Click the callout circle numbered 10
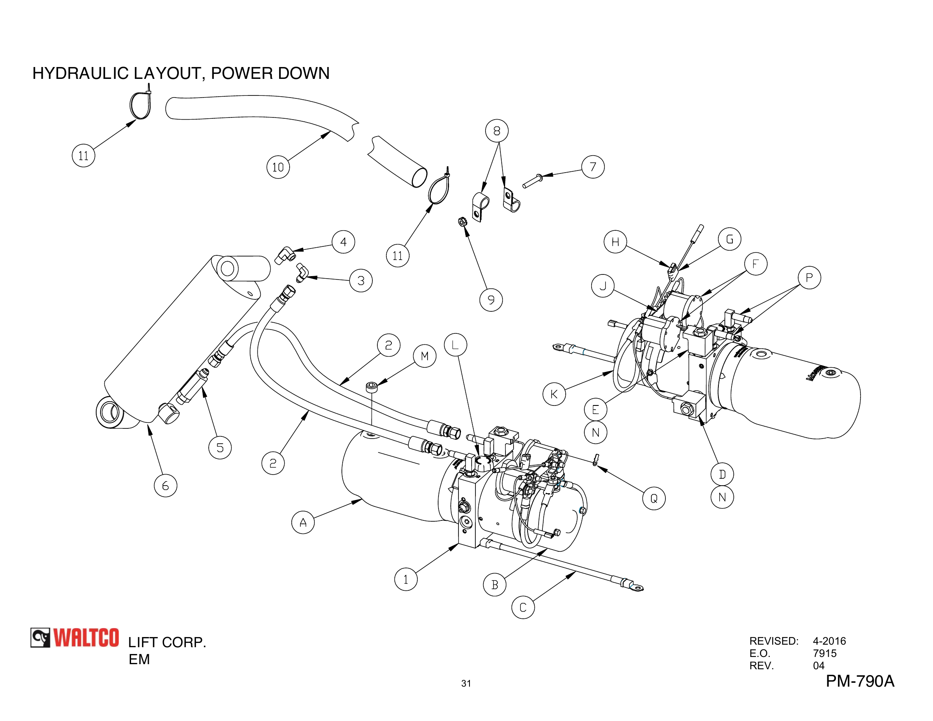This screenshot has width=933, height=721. (278, 167)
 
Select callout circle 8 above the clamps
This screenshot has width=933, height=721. (497, 131)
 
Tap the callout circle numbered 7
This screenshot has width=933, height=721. (592, 167)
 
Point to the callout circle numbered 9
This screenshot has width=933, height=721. (491, 300)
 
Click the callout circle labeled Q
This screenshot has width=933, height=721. (654, 498)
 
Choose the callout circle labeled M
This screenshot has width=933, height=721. (424, 356)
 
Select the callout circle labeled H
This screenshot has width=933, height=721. (615, 242)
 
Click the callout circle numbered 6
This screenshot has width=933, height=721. (165, 486)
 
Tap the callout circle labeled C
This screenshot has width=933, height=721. (522, 607)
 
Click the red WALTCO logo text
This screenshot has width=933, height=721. (86, 638)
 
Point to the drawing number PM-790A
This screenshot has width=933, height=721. (860, 681)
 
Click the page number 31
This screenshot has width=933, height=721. (466, 683)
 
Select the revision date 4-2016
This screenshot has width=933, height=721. (829, 641)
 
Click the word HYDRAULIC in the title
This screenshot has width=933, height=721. (80, 73)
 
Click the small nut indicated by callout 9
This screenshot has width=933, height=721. (462, 222)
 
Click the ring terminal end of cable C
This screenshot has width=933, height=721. (636, 588)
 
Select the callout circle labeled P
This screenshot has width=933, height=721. (809, 278)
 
